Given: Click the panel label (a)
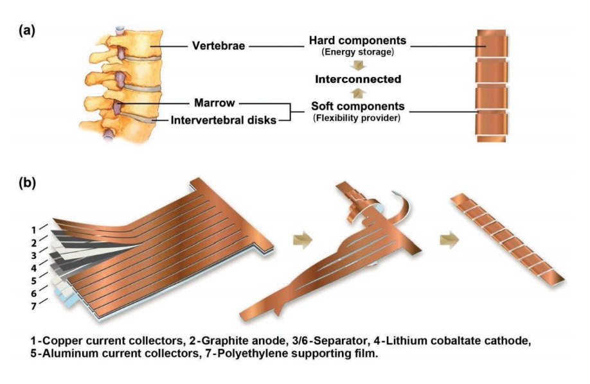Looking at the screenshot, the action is click(x=27, y=30).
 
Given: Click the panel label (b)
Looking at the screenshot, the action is click(x=27, y=182).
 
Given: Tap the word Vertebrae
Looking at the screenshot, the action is click(x=219, y=46).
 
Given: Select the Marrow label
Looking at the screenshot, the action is click(x=215, y=103).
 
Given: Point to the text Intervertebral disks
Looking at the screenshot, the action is click(x=224, y=120).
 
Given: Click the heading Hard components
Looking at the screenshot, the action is click(x=357, y=40).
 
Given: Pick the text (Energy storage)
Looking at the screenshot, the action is click(x=357, y=52).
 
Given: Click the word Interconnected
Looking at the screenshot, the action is click(x=358, y=80).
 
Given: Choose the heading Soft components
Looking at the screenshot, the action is click(x=357, y=106).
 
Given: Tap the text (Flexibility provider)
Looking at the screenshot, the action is click(x=357, y=118).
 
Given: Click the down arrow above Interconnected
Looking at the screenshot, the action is click(x=358, y=65).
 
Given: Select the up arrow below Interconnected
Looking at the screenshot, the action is click(x=358, y=92).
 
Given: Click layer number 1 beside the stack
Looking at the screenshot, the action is click(x=34, y=230).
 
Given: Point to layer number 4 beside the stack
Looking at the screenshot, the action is click(x=34, y=268).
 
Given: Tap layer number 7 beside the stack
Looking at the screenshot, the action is click(x=34, y=306).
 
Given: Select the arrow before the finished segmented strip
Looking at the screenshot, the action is click(x=450, y=240).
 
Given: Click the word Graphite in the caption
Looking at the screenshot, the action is click(x=222, y=341).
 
